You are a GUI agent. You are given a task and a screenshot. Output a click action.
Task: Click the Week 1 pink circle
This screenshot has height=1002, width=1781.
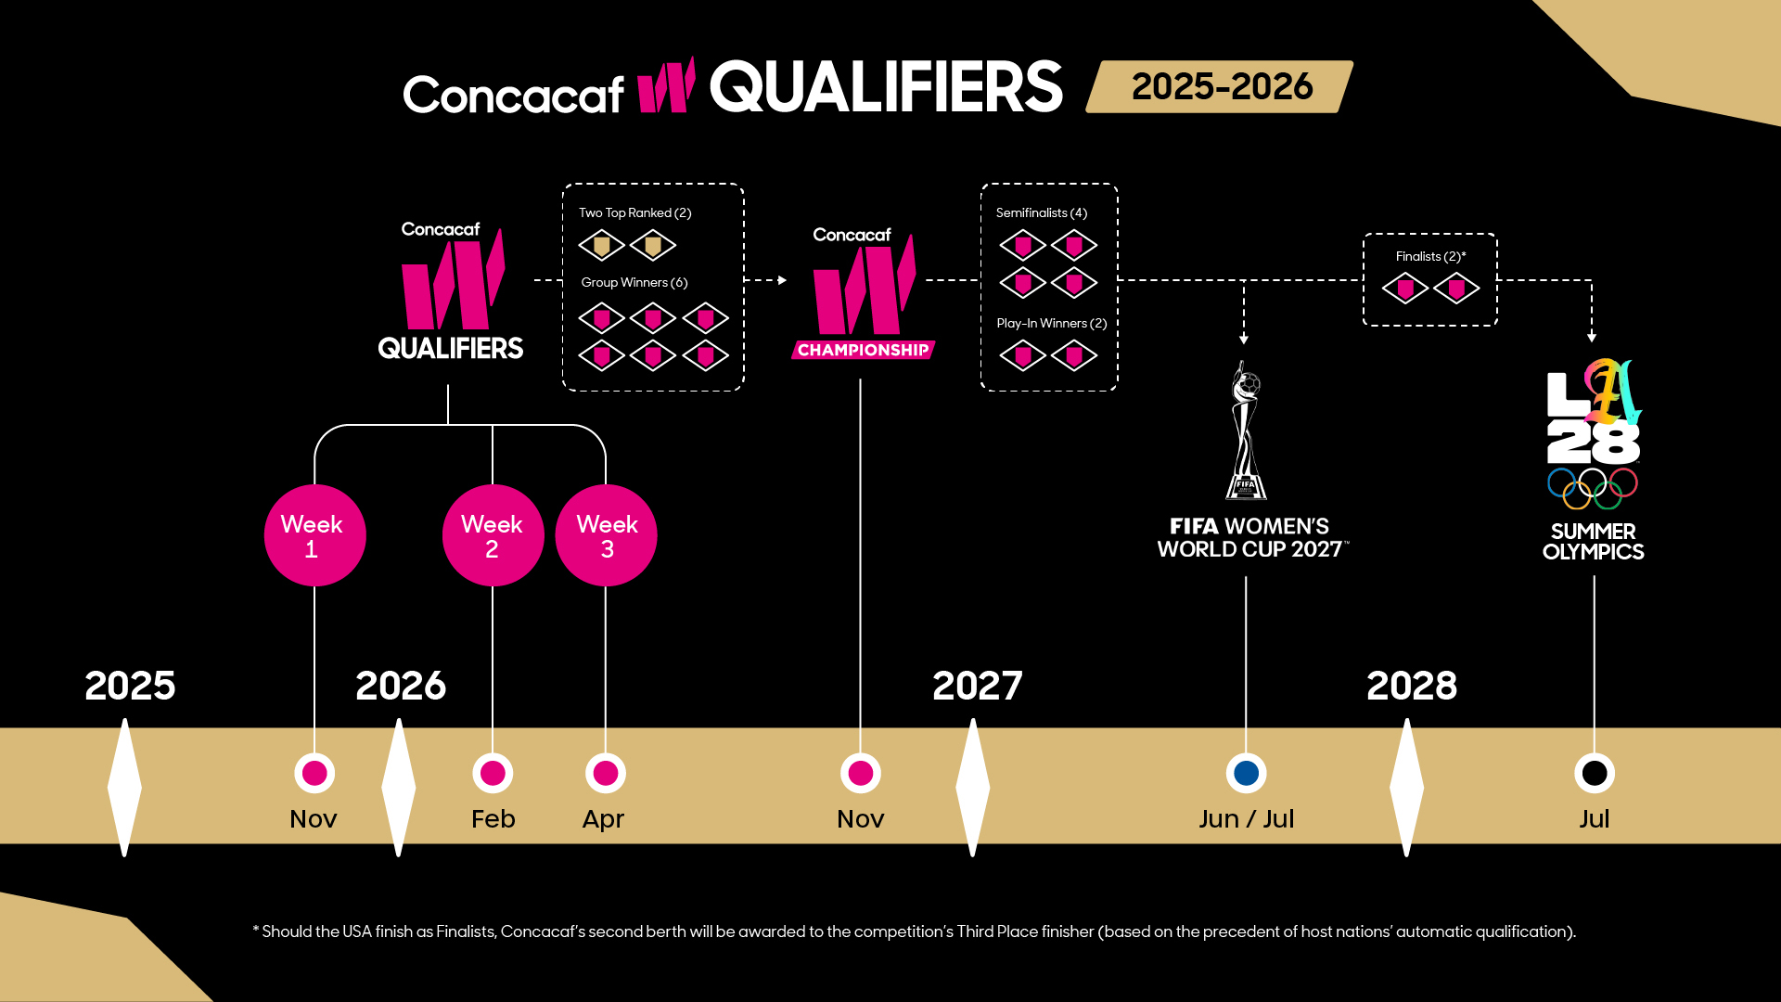[314, 535]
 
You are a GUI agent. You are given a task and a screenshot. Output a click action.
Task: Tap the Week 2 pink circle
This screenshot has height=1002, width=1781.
[493, 535]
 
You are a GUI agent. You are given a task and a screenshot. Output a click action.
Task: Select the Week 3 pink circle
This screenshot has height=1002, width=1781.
[606, 535]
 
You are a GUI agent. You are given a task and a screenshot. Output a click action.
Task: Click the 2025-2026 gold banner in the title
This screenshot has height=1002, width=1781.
[1220, 87]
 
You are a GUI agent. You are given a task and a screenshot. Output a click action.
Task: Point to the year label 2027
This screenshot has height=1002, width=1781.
[977, 686]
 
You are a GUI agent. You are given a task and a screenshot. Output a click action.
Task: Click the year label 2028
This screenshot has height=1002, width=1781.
[1412, 686]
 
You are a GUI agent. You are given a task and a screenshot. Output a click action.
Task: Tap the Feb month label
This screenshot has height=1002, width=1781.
[493, 818]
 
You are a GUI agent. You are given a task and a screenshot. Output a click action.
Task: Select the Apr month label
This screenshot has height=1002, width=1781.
[603, 820]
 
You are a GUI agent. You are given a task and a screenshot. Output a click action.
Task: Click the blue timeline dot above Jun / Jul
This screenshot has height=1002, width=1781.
[1246, 773]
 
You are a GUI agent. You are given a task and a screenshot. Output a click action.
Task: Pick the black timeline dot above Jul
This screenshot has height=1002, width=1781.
[1595, 773]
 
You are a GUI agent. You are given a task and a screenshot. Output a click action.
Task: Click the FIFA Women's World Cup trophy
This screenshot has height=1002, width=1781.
[1247, 431]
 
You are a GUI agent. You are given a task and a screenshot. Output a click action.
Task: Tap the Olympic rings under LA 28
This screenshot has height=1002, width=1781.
[1593, 488]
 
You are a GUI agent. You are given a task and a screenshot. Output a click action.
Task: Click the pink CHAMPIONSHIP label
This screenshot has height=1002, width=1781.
[863, 350]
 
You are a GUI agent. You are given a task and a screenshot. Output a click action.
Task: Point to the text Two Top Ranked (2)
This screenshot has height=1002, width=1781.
[635, 212]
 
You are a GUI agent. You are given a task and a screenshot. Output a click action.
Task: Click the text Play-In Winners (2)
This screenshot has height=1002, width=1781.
[1052, 323]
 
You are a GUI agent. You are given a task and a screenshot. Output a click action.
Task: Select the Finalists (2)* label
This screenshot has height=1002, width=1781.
[1431, 256]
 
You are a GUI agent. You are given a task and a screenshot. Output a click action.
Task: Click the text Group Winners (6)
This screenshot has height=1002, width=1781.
[634, 282]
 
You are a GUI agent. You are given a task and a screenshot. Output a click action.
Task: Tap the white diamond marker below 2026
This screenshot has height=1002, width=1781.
[399, 787]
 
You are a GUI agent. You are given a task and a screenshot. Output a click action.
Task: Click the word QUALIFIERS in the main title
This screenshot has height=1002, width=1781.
[887, 87]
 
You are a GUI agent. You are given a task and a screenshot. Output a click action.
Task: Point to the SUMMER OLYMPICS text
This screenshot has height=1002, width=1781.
[1594, 542]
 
